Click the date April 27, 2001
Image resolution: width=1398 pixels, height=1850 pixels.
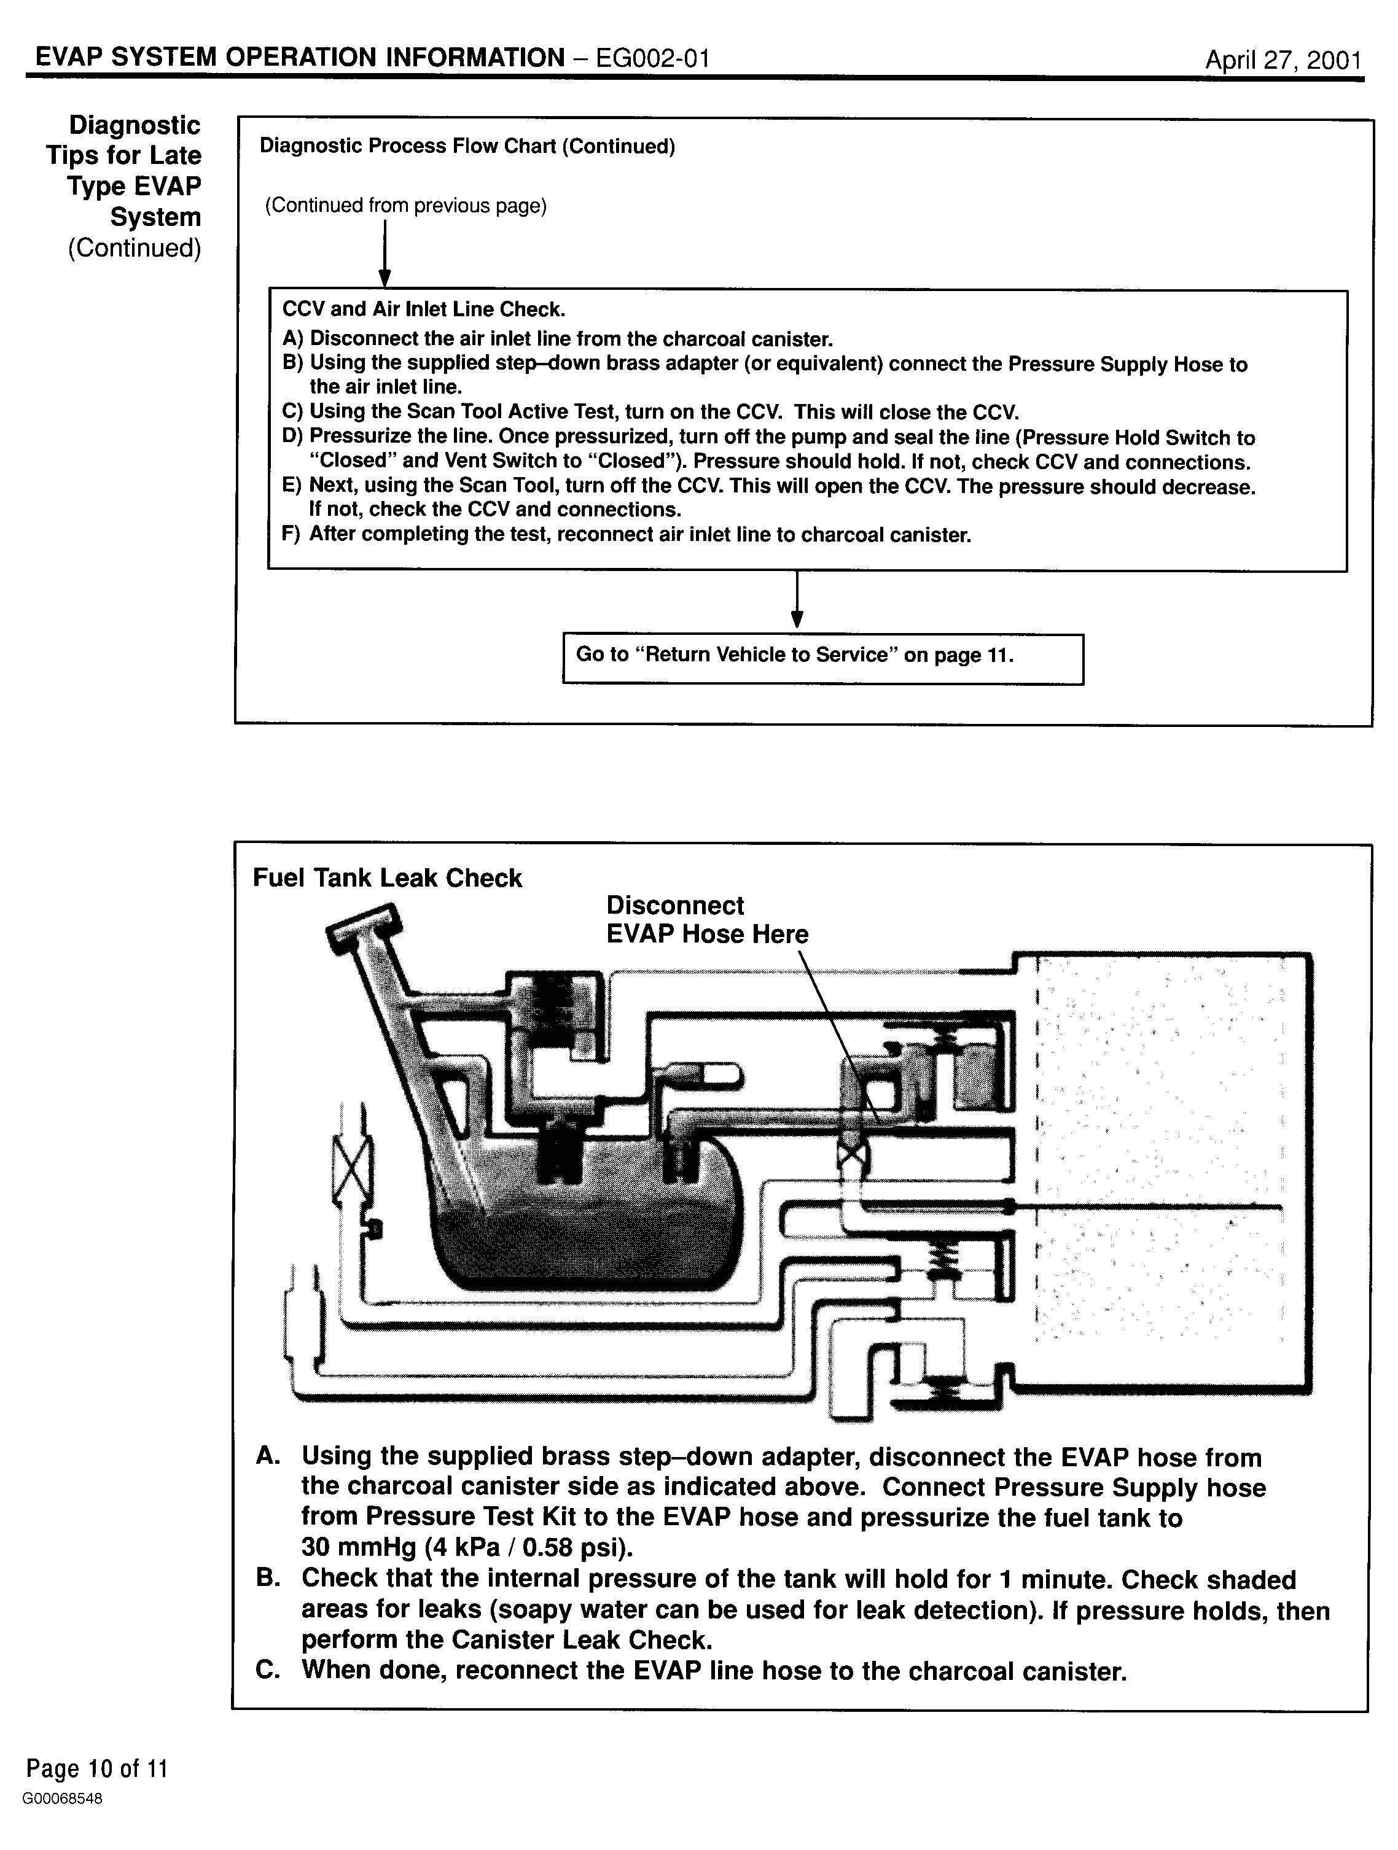[1283, 60]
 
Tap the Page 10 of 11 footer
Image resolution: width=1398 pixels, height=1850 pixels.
[97, 1768]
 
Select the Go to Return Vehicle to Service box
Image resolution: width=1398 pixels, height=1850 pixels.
[822, 659]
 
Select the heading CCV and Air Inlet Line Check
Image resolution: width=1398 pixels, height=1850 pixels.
[423, 309]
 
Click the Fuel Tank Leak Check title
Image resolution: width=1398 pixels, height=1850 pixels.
[388, 878]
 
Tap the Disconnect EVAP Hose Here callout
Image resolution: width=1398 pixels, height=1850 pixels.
[707, 919]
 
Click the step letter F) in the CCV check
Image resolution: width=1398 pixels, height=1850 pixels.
[291, 534]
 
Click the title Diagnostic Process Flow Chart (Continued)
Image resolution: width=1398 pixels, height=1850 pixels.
[467, 146]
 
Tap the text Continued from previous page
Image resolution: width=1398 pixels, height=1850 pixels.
[406, 206]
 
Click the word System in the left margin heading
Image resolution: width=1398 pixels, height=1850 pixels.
[155, 217]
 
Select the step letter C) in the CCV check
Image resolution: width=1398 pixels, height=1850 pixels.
[292, 413]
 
